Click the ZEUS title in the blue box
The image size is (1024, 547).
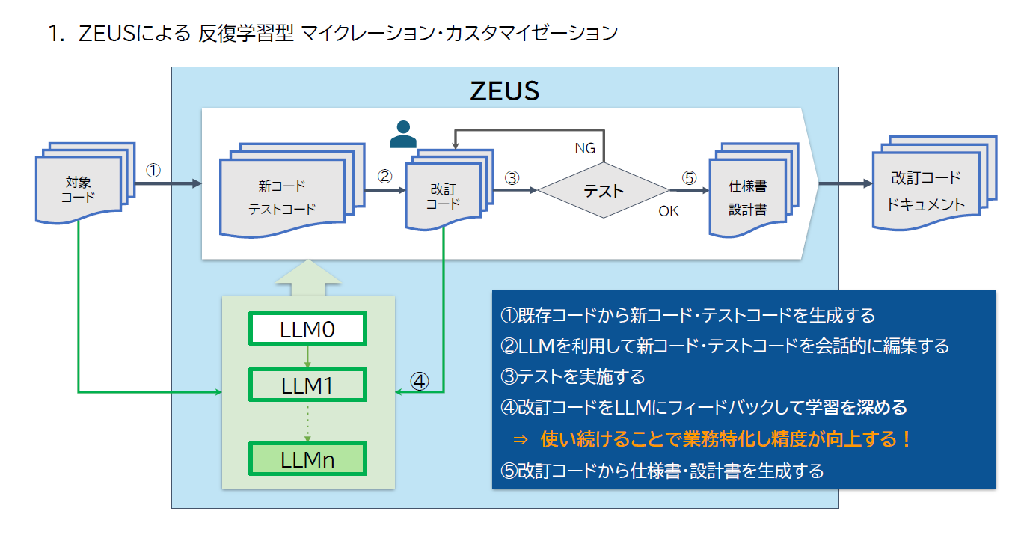pyautogui.click(x=505, y=90)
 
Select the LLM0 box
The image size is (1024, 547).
pyautogui.click(x=307, y=329)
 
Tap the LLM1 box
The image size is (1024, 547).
pyautogui.click(x=307, y=385)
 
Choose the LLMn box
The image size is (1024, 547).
pyautogui.click(x=307, y=459)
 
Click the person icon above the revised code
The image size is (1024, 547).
pyautogui.click(x=403, y=135)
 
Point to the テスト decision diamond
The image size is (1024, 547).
pyautogui.click(x=604, y=190)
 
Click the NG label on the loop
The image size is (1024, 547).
pyautogui.click(x=585, y=148)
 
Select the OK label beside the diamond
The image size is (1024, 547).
pyautogui.click(x=668, y=211)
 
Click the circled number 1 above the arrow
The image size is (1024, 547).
pyautogui.click(x=153, y=171)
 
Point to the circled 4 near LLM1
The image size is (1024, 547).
pyautogui.click(x=420, y=381)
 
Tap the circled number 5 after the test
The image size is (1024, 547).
pyautogui.click(x=689, y=178)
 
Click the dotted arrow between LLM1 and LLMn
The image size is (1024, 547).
pyautogui.click(x=307, y=422)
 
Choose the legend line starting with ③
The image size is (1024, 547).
pyautogui.click(x=573, y=376)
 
